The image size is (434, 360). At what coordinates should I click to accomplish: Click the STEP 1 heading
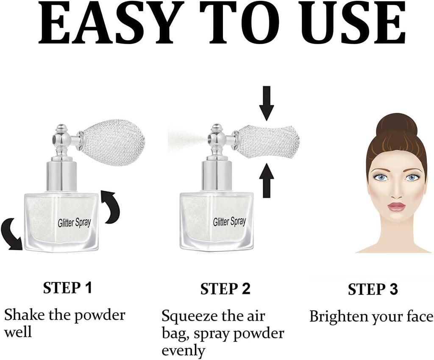[67, 288]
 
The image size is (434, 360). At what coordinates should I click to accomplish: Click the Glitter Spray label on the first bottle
[75, 222]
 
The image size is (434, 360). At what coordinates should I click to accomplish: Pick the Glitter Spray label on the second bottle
[229, 222]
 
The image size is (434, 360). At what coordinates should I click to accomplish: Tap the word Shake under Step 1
[24, 315]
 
